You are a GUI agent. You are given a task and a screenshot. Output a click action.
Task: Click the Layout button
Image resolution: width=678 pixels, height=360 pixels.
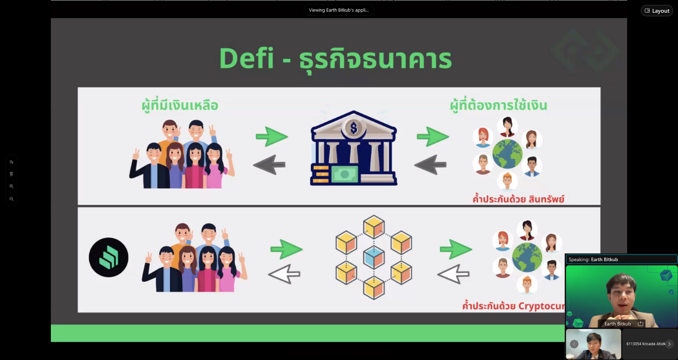click(x=657, y=11)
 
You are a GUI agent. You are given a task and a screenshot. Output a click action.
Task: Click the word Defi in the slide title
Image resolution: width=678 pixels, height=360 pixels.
click(x=246, y=58)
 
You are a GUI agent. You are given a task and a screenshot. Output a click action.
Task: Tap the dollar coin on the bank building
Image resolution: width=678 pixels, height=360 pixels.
click(x=354, y=128)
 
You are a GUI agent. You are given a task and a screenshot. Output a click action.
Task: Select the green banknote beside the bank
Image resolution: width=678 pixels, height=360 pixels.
click(x=345, y=174)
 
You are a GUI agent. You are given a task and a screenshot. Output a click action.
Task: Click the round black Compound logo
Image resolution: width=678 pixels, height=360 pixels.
click(x=108, y=257)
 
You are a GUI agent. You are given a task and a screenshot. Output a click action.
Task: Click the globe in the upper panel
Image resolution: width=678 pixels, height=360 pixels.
click(x=507, y=154)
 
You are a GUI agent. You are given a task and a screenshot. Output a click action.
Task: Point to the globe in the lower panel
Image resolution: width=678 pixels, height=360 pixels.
click(x=527, y=257)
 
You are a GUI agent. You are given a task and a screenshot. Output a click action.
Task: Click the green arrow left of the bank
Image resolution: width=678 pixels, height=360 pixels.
click(x=272, y=136)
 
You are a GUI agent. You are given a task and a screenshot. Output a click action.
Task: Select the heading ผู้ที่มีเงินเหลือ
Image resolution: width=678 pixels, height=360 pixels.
click(x=180, y=106)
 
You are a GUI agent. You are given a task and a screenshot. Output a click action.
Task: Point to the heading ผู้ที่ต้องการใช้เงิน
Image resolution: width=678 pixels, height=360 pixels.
click(x=498, y=105)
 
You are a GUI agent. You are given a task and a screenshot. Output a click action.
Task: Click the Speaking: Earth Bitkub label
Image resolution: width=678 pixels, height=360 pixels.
click(x=593, y=259)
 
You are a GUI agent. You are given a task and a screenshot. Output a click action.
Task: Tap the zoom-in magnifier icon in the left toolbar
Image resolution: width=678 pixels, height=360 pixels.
click(x=11, y=186)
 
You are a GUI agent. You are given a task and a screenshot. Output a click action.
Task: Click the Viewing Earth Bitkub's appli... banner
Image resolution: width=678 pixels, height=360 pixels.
click(x=339, y=10)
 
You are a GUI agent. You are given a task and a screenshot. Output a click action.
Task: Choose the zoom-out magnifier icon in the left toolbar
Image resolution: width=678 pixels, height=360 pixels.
click(x=11, y=199)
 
